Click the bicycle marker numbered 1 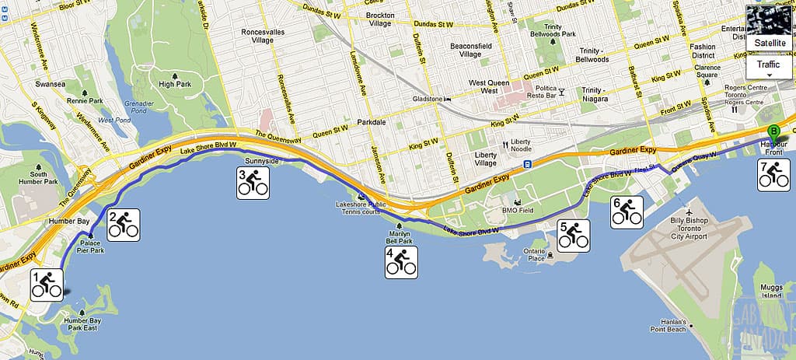point(46,285)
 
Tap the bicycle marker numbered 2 point(123,225)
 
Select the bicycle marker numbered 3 point(253,183)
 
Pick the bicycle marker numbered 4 point(401,262)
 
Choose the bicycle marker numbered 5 point(574,236)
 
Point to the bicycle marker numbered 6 point(627,212)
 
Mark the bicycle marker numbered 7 point(773,176)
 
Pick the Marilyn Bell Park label point(399,236)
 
